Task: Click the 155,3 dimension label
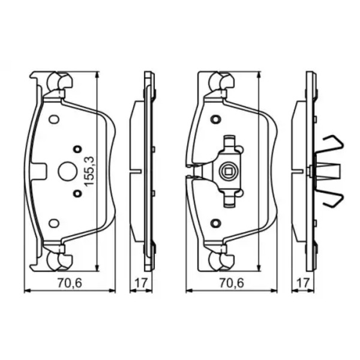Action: coord(89,171)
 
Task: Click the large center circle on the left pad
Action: coord(67,172)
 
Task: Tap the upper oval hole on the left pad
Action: coord(54,119)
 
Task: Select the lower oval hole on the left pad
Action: coord(54,223)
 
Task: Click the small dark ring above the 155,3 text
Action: coord(77,149)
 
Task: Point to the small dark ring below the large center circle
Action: coord(77,194)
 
